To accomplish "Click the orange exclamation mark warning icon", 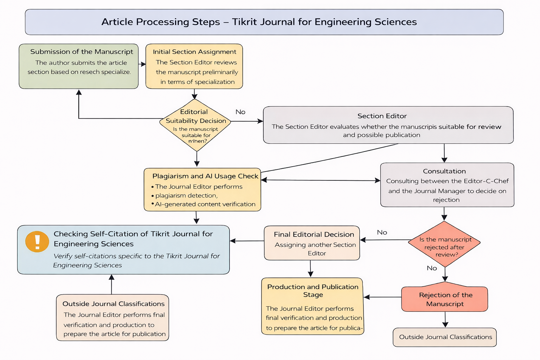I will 37,242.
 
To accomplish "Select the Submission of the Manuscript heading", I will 82,52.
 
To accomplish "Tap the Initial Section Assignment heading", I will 194,52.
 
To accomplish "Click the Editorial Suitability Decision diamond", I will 195,125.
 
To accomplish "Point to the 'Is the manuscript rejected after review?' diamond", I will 445,244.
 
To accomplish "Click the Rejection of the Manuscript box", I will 445,299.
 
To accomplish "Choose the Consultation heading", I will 444,171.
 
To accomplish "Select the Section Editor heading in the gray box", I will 382,116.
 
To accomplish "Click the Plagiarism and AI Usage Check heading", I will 205,176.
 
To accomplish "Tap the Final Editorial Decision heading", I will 314,234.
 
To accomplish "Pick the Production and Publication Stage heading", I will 313,291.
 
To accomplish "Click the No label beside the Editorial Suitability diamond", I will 240,112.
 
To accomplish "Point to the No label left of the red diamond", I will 382,232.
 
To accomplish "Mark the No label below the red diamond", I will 432,268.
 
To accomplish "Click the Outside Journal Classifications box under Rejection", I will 445,337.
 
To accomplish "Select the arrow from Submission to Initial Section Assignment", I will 142,64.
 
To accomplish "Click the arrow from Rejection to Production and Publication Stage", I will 382,297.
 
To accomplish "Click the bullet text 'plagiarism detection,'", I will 186,195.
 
